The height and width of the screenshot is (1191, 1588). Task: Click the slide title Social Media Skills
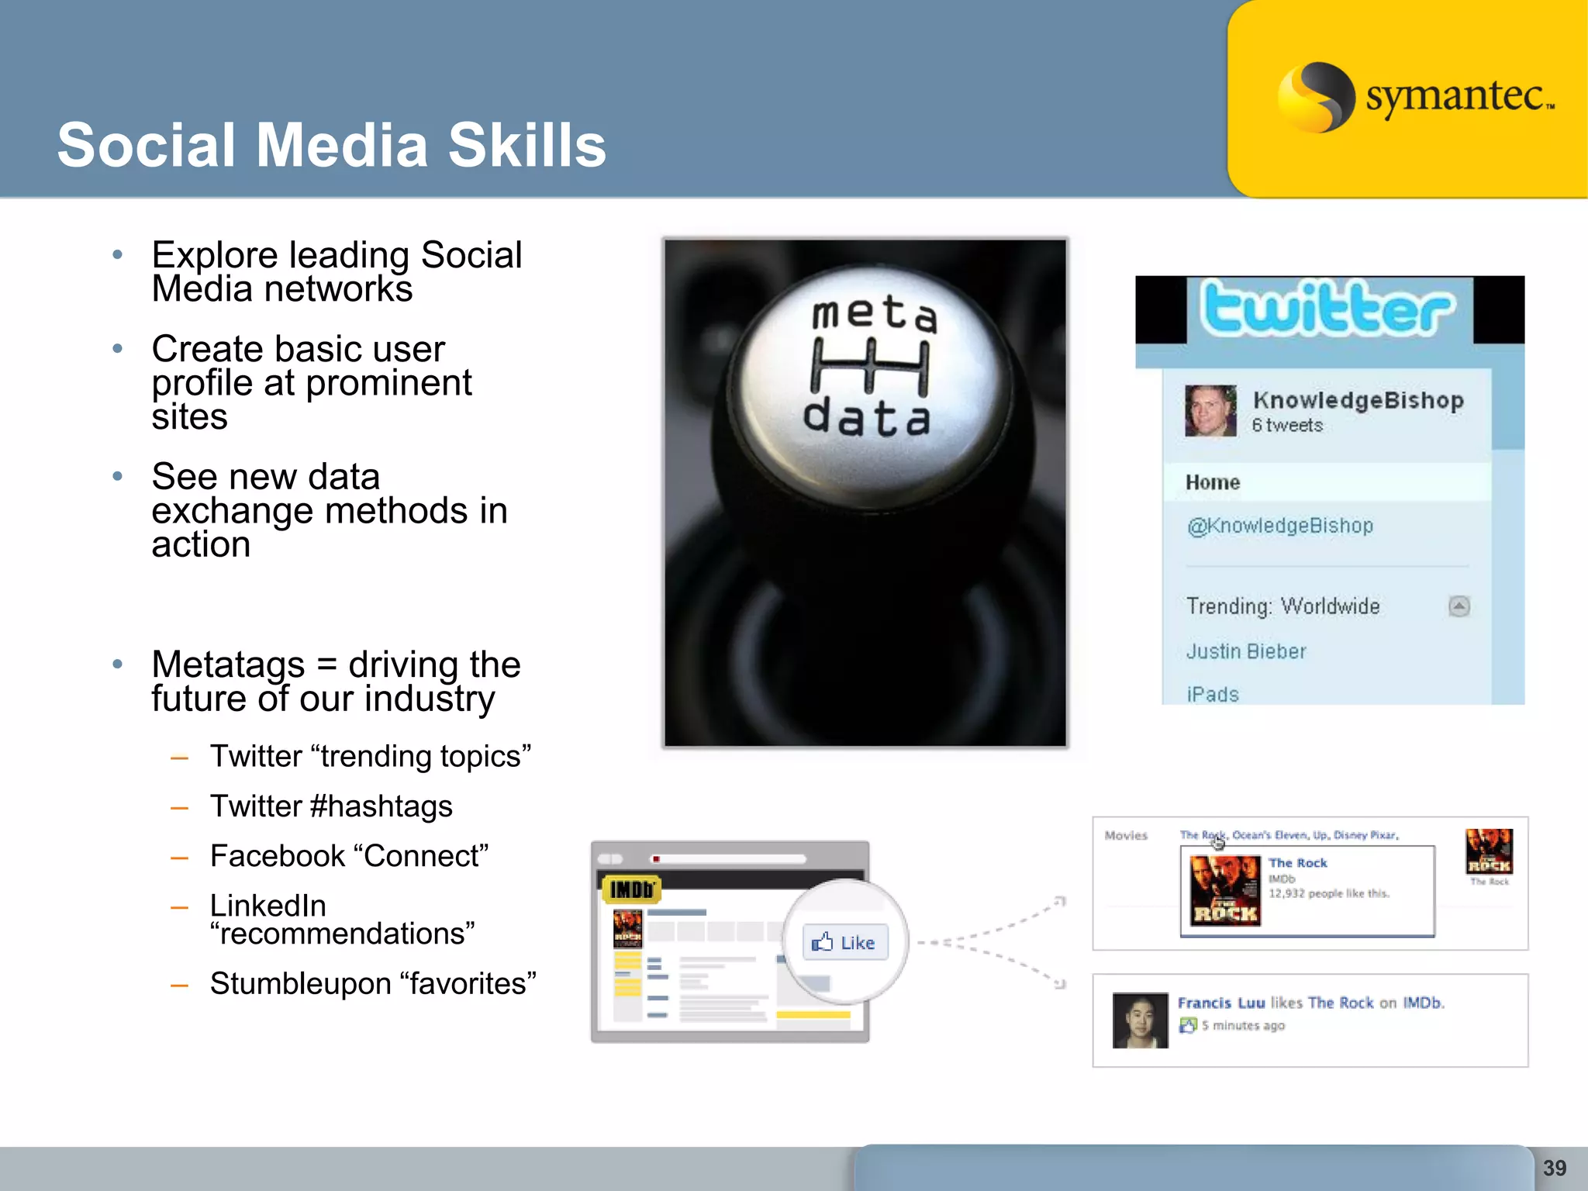point(331,145)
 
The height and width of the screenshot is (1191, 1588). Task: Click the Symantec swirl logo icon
point(1315,97)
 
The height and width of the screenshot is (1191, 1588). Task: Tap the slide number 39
point(1554,1168)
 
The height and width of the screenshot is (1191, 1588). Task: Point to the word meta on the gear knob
point(874,313)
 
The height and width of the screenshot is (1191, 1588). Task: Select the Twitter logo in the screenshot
point(1327,309)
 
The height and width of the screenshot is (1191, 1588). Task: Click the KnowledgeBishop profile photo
point(1210,410)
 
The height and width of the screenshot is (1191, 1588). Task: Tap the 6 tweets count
point(1287,425)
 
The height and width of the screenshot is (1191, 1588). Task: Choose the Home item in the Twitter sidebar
point(1213,482)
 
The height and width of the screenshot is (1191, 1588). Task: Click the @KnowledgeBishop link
point(1280,526)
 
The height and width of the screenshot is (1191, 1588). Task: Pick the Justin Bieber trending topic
point(1246,651)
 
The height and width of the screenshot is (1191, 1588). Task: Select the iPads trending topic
point(1213,694)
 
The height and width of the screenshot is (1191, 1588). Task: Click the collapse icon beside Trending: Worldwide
point(1459,606)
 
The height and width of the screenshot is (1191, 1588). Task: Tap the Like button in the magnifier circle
point(844,942)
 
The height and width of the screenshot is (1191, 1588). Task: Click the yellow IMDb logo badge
point(632,889)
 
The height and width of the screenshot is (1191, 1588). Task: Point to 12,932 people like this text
point(1328,893)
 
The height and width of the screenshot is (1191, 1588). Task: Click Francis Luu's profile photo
point(1140,1020)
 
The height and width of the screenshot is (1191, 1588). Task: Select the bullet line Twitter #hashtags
point(331,806)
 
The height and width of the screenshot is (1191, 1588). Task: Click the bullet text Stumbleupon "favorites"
point(373,983)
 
